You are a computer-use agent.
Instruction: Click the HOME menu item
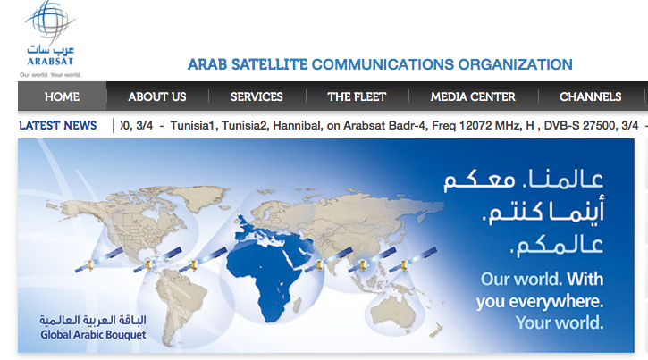(x=62, y=96)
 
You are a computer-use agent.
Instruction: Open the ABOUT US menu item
(x=157, y=96)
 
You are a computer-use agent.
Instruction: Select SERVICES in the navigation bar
(x=257, y=96)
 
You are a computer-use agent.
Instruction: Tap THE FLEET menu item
(x=357, y=96)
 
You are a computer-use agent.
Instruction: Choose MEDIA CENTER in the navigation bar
(x=473, y=96)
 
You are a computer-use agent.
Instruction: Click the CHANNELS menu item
(x=590, y=96)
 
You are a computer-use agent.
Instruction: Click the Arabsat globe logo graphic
(x=50, y=21)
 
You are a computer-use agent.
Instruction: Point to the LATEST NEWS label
(x=58, y=125)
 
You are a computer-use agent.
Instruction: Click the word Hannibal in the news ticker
(x=297, y=125)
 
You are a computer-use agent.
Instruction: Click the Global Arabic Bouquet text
(x=93, y=334)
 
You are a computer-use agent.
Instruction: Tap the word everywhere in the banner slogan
(x=556, y=301)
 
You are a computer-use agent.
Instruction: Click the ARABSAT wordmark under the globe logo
(x=50, y=61)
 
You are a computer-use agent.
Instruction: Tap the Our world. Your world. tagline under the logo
(x=50, y=75)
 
